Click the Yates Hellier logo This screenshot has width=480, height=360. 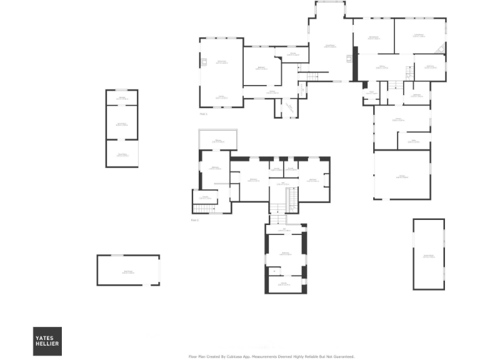click(47, 341)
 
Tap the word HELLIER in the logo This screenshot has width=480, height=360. click(47, 346)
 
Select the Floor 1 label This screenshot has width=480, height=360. click(203, 114)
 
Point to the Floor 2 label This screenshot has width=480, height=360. click(194, 221)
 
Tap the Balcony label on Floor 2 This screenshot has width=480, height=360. click(218, 141)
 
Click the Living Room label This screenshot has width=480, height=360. click(418, 36)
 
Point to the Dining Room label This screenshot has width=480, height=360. click(374, 38)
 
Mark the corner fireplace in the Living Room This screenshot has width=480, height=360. click(442, 49)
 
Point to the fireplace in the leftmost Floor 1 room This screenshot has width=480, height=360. click(204, 62)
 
